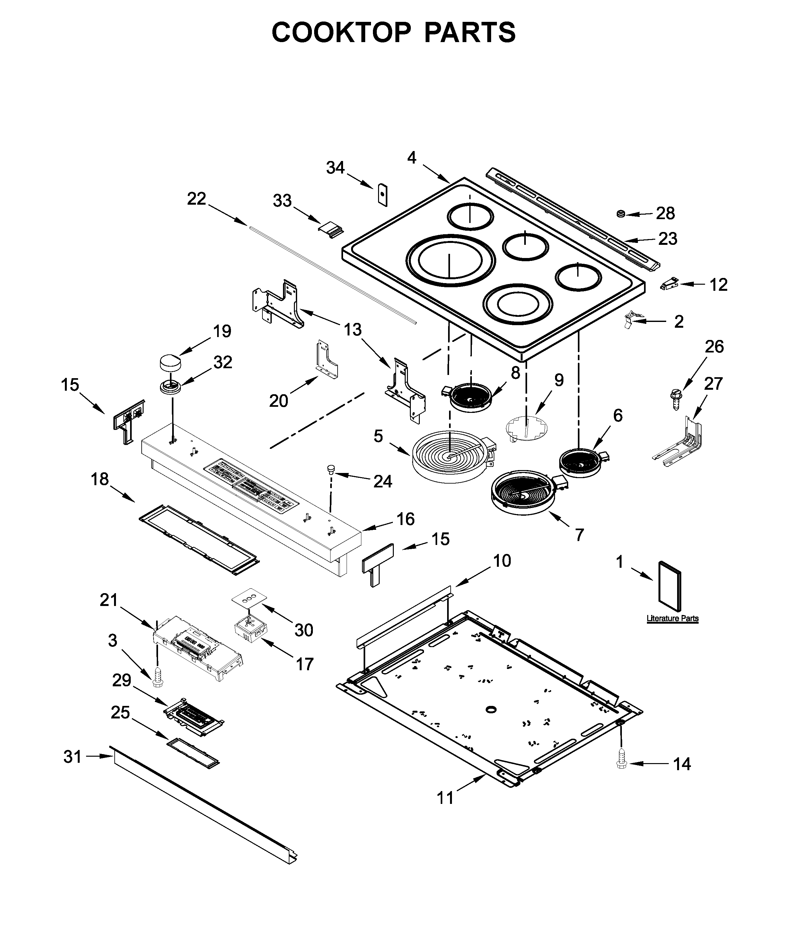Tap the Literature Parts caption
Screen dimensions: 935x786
[x=672, y=619]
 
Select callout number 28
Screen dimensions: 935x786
[x=665, y=213]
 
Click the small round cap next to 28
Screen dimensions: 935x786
[x=620, y=214]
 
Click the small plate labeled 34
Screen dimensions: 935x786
[x=382, y=194]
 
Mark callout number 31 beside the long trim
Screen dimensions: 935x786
[x=72, y=756]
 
